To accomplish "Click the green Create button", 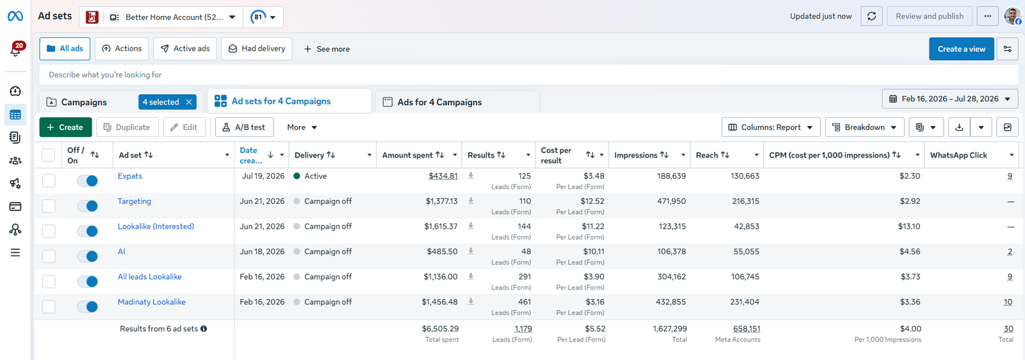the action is pos(65,127).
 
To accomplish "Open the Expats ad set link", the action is pos(130,176).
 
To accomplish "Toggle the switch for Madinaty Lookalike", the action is pos(87,306).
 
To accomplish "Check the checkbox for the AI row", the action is pos(49,256).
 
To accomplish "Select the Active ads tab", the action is pos(185,49).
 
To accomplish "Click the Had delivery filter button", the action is pos(257,49).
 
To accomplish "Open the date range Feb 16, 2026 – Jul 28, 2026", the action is pos(950,99).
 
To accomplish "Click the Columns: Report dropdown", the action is pos(771,127).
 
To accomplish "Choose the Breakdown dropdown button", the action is pos(864,127).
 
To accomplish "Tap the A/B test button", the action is pos(244,127).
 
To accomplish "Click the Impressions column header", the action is pos(635,155).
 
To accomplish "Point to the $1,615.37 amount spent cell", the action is pos(441,226).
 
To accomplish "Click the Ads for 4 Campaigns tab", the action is pos(439,102).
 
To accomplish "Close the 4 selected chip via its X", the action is pos(189,102).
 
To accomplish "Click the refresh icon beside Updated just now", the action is pos(872,17).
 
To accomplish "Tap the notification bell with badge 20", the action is pos(15,50).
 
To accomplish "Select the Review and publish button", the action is pos(930,17).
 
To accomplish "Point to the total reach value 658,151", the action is pos(746,329).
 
